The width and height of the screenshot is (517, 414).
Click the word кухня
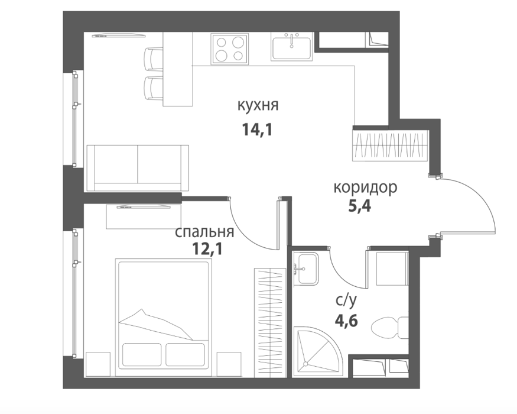point(258,106)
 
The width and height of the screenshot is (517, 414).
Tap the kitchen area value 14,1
point(258,130)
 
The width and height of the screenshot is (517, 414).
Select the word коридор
point(365,188)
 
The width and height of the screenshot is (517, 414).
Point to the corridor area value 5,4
point(360,206)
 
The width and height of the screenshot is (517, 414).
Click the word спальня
point(204,232)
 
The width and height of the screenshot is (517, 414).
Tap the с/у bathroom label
point(346,301)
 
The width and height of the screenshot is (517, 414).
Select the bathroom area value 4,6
point(346,320)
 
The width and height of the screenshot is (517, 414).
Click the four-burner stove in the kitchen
point(230,49)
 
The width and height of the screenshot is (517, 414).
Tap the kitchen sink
point(291,46)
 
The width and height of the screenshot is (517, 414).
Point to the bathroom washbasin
point(305,269)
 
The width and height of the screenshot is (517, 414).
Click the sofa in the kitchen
point(138,168)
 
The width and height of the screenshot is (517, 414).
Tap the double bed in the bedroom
point(163,318)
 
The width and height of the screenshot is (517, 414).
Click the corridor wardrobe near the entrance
point(391,145)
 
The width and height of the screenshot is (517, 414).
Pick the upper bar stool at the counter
point(154,59)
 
